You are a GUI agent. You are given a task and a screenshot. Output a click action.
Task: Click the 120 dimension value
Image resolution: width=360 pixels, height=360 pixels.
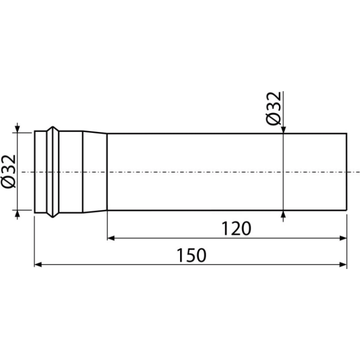click(x=236, y=228)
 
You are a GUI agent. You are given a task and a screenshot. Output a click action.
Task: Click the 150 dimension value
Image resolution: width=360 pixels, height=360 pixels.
click(x=191, y=255)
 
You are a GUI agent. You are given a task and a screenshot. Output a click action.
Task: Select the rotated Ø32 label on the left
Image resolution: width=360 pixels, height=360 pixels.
click(x=8, y=171)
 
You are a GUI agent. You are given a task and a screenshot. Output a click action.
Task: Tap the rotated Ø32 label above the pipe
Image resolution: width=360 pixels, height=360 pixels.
click(x=273, y=108)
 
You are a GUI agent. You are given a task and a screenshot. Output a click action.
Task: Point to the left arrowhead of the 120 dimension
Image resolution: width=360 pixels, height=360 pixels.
click(x=111, y=238)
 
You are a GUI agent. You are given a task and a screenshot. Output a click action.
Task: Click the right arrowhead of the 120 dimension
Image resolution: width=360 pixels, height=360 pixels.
click(x=343, y=238)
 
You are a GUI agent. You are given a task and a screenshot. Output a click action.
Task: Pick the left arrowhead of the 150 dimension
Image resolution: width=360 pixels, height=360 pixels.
click(x=38, y=264)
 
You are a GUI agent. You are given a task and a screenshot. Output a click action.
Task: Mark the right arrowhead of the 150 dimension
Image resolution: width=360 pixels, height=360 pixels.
click(x=343, y=264)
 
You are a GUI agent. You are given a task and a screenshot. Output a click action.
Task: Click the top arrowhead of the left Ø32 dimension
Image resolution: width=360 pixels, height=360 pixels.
click(x=17, y=129)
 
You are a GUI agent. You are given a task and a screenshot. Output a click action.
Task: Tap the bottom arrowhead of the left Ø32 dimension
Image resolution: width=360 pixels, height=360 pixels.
click(x=17, y=214)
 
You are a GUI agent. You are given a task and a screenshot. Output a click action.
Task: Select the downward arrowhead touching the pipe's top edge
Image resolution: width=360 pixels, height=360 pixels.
click(x=283, y=129)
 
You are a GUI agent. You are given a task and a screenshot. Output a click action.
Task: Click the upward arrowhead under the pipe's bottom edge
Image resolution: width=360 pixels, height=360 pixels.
click(x=283, y=214)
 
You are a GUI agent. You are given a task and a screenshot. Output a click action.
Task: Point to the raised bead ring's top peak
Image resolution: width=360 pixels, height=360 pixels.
click(x=53, y=127)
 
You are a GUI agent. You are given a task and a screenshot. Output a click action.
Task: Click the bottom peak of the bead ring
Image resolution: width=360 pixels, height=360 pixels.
click(x=53, y=216)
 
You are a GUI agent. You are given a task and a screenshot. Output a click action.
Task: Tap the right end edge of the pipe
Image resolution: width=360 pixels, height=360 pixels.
click(x=346, y=171)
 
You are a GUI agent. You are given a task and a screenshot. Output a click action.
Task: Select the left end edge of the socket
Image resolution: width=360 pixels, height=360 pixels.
click(x=34, y=172)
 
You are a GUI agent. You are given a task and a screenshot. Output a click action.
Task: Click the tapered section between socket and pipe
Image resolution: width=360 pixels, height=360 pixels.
click(x=95, y=172)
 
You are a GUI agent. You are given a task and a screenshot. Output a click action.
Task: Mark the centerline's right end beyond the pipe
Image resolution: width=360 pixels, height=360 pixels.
click(x=359, y=172)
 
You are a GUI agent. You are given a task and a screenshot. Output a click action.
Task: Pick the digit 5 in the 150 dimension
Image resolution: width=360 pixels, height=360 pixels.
click(x=191, y=255)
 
